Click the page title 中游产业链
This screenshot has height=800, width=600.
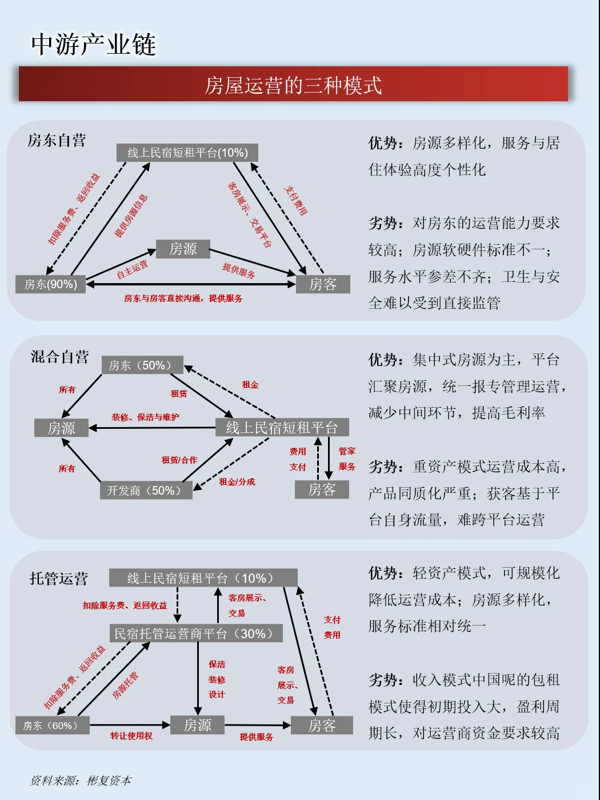pos(93,45)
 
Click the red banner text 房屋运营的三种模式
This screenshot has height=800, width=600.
pos(293,85)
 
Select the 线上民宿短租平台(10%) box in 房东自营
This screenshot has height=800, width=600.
pos(187,153)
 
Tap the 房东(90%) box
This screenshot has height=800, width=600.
pos(50,284)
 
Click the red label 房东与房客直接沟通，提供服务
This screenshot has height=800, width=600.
pos(183,298)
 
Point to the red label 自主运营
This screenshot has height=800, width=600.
pos(132,269)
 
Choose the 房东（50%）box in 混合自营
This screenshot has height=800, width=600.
pos(143,365)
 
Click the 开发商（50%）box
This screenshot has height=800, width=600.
pos(146,491)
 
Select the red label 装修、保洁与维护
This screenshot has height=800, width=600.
pos(145,417)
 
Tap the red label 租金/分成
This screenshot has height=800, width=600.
pos(237,482)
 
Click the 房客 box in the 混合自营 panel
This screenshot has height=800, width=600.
pos(322,489)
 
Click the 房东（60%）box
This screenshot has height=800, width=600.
pos(52,726)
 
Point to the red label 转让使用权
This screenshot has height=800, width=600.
pos(131,736)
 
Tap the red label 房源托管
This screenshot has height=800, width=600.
pos(125,686)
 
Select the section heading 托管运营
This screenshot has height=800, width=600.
pos(59,579)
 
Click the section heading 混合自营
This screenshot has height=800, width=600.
pos(60,357)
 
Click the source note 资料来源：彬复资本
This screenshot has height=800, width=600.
pos(81,781)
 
